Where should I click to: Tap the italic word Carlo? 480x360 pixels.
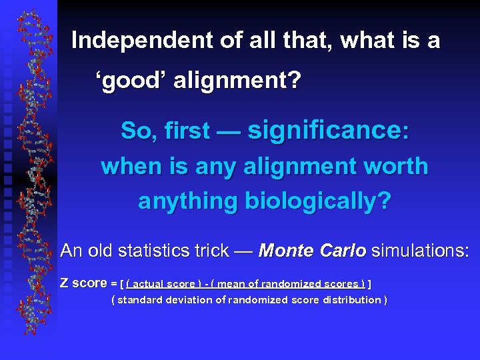coord(343,251)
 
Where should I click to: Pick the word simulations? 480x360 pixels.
coord(420,251)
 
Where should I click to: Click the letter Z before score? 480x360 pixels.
coord(65,283)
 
